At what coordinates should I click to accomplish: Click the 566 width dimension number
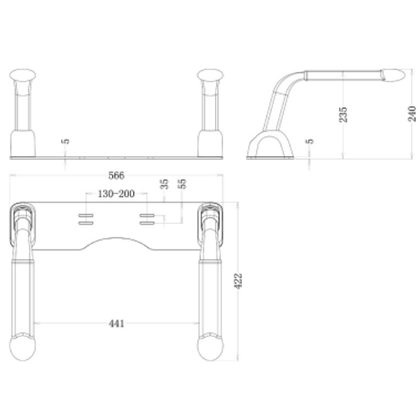click(x=117, y=176)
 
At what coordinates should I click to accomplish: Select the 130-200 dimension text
click(x=116, y=194)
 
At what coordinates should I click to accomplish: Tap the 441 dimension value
click(x=116, y=323)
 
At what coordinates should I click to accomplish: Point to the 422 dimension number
click(x=238, y=281)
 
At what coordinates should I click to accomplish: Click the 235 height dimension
click(x=344, y=113)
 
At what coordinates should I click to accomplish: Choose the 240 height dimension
click(x=411, y=113)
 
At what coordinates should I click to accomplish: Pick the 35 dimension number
click(x=164, y=184)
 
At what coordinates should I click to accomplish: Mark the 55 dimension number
click(x=182, y=184)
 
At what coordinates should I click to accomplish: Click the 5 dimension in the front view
click(x=66, y=141)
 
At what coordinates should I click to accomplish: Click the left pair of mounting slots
click(x=84, y=219)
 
